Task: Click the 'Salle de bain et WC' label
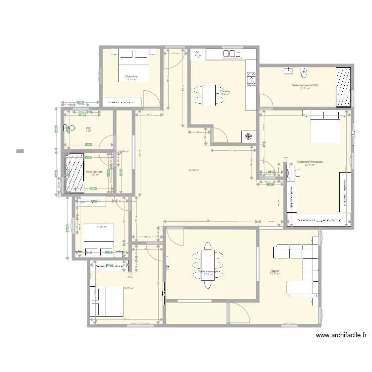305,85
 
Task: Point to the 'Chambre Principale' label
310,162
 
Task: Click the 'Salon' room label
275,271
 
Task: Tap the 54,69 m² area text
193,170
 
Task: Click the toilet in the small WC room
70,128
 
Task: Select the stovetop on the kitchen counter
251,77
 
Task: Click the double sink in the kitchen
230,54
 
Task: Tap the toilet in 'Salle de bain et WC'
305,73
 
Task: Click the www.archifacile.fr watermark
341,335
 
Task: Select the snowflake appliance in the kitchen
248,137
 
